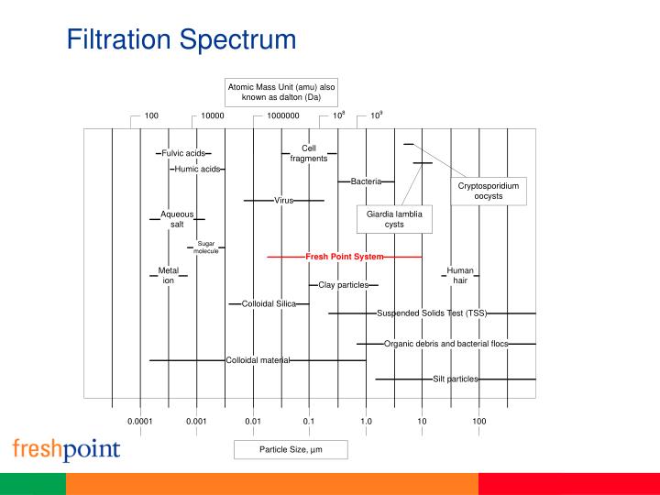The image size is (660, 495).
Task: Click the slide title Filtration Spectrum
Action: point(181,40)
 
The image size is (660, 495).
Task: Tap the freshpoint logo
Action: point(66,450)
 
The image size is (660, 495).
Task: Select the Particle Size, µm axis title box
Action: point(291,449)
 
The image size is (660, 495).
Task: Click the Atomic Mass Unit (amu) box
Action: point(281,92)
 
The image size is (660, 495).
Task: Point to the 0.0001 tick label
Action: point(139,421)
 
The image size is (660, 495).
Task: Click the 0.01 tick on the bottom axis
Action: point(253,421)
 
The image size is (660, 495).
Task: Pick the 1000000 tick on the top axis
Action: point(283,116)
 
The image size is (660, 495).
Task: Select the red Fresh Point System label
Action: point(344,257)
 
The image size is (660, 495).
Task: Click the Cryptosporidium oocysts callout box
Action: point(488,191)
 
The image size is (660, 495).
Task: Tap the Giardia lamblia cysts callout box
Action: point(394,219)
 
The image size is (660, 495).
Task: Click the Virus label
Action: point(283,200)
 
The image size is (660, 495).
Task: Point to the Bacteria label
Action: point(366,181)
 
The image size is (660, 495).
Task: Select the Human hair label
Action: point(460,276)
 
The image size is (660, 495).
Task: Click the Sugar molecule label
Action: point(205,247)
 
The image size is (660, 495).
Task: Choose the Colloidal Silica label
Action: point(269,303)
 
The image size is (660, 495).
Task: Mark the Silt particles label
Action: point(455,379)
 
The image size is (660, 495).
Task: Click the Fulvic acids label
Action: point(183,153)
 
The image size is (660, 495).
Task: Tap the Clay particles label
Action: point(343,285)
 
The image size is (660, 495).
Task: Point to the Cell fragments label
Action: point(309,154)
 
